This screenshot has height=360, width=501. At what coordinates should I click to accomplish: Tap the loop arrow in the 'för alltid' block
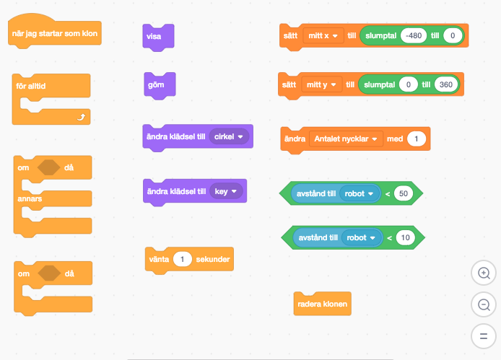pyautogui.click(x=82, y=115)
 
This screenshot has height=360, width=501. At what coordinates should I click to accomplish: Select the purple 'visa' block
pyautogui.click(x=154, y=36)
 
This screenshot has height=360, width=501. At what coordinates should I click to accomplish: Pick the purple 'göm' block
pyautogui.click(x=155, y=86)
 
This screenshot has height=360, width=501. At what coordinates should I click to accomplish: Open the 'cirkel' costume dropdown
pyautogui.click(x=229, y=136)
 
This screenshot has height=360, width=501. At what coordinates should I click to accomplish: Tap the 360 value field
pyautogui.click(x=445, y=85)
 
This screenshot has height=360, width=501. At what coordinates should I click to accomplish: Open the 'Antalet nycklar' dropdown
pyautogui.click(x=346, y=139)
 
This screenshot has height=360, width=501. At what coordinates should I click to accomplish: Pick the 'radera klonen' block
pyautogui.click(x=322, y=304)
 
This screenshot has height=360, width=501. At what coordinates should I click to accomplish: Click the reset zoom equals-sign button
pyautogui.click(x=483, y=335)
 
